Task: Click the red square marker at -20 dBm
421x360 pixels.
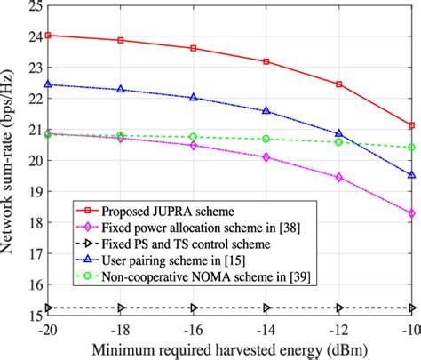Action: (x=48, y=36)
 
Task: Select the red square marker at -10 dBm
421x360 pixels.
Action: (x=411, y=125)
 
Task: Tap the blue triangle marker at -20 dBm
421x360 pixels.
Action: (x=48, y=84)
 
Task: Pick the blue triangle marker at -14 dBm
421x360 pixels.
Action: (x=266, y=111)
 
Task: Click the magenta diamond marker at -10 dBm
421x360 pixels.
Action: (x=411, y=213)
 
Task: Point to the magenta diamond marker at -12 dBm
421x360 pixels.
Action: (x=338, y=177)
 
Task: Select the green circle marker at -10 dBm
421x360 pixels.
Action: (x=411, y=148)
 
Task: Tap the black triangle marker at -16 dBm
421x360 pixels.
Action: (x=194, y=308)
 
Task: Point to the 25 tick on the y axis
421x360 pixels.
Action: (x=33, y=6)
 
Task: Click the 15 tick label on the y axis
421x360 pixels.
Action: (x=33, y=315)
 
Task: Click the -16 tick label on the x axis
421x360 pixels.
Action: (x=193, y=328)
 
